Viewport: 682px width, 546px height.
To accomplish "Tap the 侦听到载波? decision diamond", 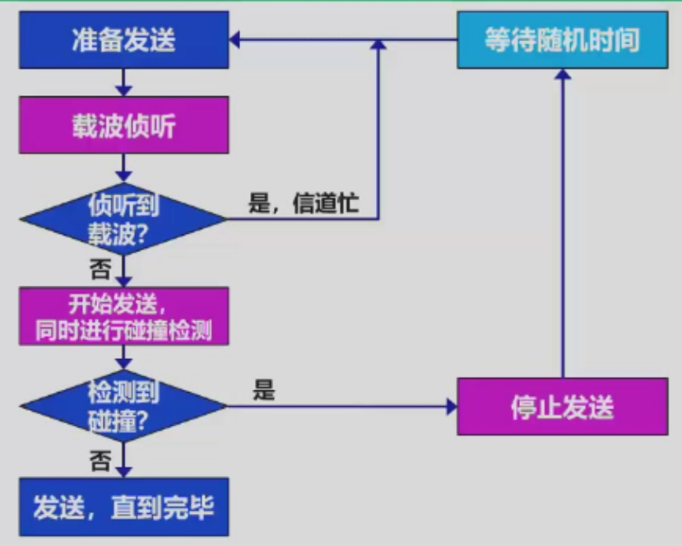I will (x=123, y=218).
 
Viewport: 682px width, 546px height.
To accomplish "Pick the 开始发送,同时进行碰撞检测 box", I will (x=123, y=317).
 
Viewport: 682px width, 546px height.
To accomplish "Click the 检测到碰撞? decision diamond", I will (x=123, y=405).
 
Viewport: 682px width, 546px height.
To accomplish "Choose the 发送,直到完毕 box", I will (x=123, y=506).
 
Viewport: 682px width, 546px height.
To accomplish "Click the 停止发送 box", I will (x=563, y=407).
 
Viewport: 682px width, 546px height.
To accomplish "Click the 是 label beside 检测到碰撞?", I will (x=263, y=391).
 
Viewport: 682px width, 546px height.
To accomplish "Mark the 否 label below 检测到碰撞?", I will (x=100, y=460).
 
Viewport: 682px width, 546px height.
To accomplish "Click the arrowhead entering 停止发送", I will (x=452, y=406).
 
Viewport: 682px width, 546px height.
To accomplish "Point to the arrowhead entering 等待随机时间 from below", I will (x=563, y=74).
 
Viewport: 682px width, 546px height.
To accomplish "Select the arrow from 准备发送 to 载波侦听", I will (x=123, y=82).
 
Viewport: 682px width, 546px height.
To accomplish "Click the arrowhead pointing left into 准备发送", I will (x=234, y=40).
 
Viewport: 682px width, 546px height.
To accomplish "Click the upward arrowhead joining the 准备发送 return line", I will (x=379, y=46).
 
